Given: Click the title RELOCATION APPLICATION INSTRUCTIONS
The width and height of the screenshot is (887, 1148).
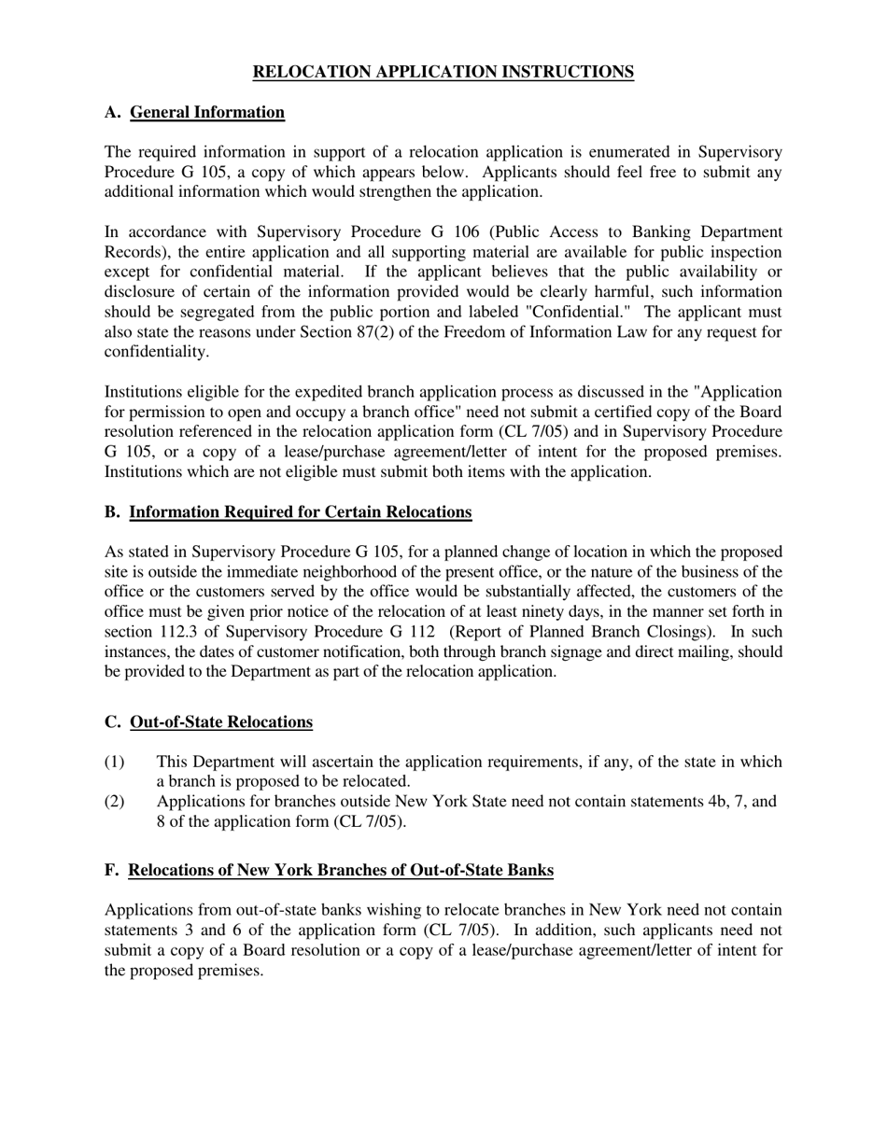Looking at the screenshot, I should coord(443,72).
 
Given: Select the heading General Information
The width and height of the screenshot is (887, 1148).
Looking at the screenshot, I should coord(206,112).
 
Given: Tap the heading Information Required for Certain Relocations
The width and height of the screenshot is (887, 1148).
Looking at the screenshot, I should coord(300,511).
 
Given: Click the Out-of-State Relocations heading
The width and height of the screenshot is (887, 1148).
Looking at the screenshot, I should coord(221,721).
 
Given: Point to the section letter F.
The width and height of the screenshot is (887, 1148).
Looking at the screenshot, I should coord(111,870).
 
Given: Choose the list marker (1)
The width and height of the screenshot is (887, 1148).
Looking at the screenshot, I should coord(113,762).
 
